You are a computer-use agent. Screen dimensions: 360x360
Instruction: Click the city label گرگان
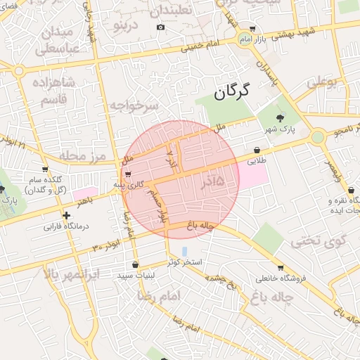click(233, 91)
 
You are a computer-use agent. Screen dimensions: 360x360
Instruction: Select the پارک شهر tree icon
click(281, 117)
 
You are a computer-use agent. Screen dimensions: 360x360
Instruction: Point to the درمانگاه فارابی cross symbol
click(66, 215)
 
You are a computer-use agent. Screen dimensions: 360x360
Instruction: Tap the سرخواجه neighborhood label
click(134, 105)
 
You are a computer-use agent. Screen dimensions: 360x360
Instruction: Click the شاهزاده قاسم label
click(48, 91)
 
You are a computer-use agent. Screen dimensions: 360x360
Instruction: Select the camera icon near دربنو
click(160, 27)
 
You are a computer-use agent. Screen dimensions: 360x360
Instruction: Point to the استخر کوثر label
click(185, 262)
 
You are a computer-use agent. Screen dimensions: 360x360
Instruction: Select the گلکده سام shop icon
click(45, 169)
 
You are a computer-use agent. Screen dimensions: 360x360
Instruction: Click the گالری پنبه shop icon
click(127, 174)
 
